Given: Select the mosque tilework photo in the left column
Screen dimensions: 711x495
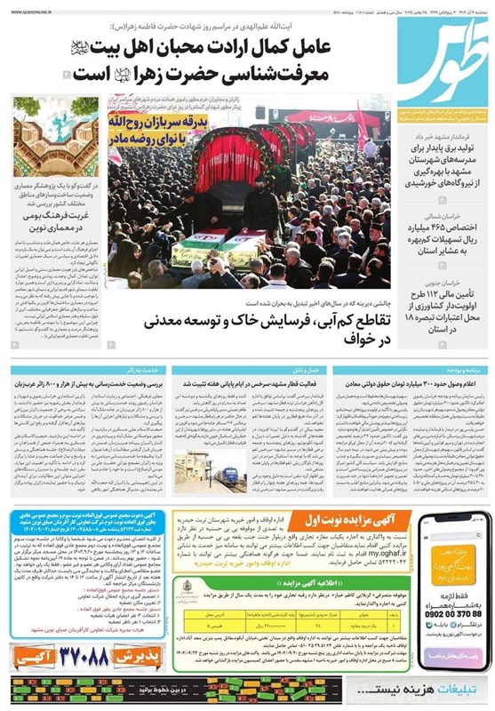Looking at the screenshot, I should point(56,137).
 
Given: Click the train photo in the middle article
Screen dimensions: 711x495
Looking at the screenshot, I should point(203,468).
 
